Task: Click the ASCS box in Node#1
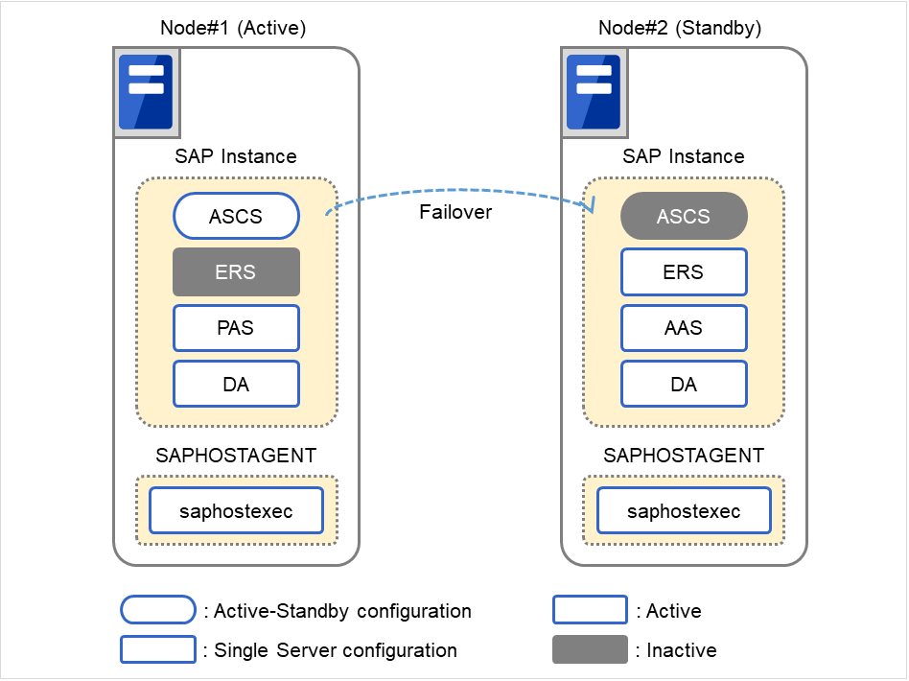click(x=236, y=217)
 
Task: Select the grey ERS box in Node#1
click(x=236, y=272)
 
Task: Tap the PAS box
click(x=236, y=328)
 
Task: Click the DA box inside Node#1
click(x=236, y=384)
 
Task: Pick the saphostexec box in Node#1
click(x=236, y=511)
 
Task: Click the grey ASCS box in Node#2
click(x=684, y=217)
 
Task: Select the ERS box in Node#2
click(x=684, y=272)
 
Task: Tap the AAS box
click(x=684, y=328)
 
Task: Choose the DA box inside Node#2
click(x=684, y=384)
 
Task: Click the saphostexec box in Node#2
click(x=684, y=511)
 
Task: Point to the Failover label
click(x=455, y=212)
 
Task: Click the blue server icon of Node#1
click(x=145, y=91)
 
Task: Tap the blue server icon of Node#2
click(x=594, y=91)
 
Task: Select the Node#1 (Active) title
click(x=233, y=28)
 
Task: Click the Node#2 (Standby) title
click(x=680, y=28)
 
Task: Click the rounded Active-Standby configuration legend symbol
click(x=158, y=610)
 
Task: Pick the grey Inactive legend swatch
click(x=590, y=649)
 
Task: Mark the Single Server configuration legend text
click(x=335, y=650)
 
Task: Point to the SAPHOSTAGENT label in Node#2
click(x=684, y=456)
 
